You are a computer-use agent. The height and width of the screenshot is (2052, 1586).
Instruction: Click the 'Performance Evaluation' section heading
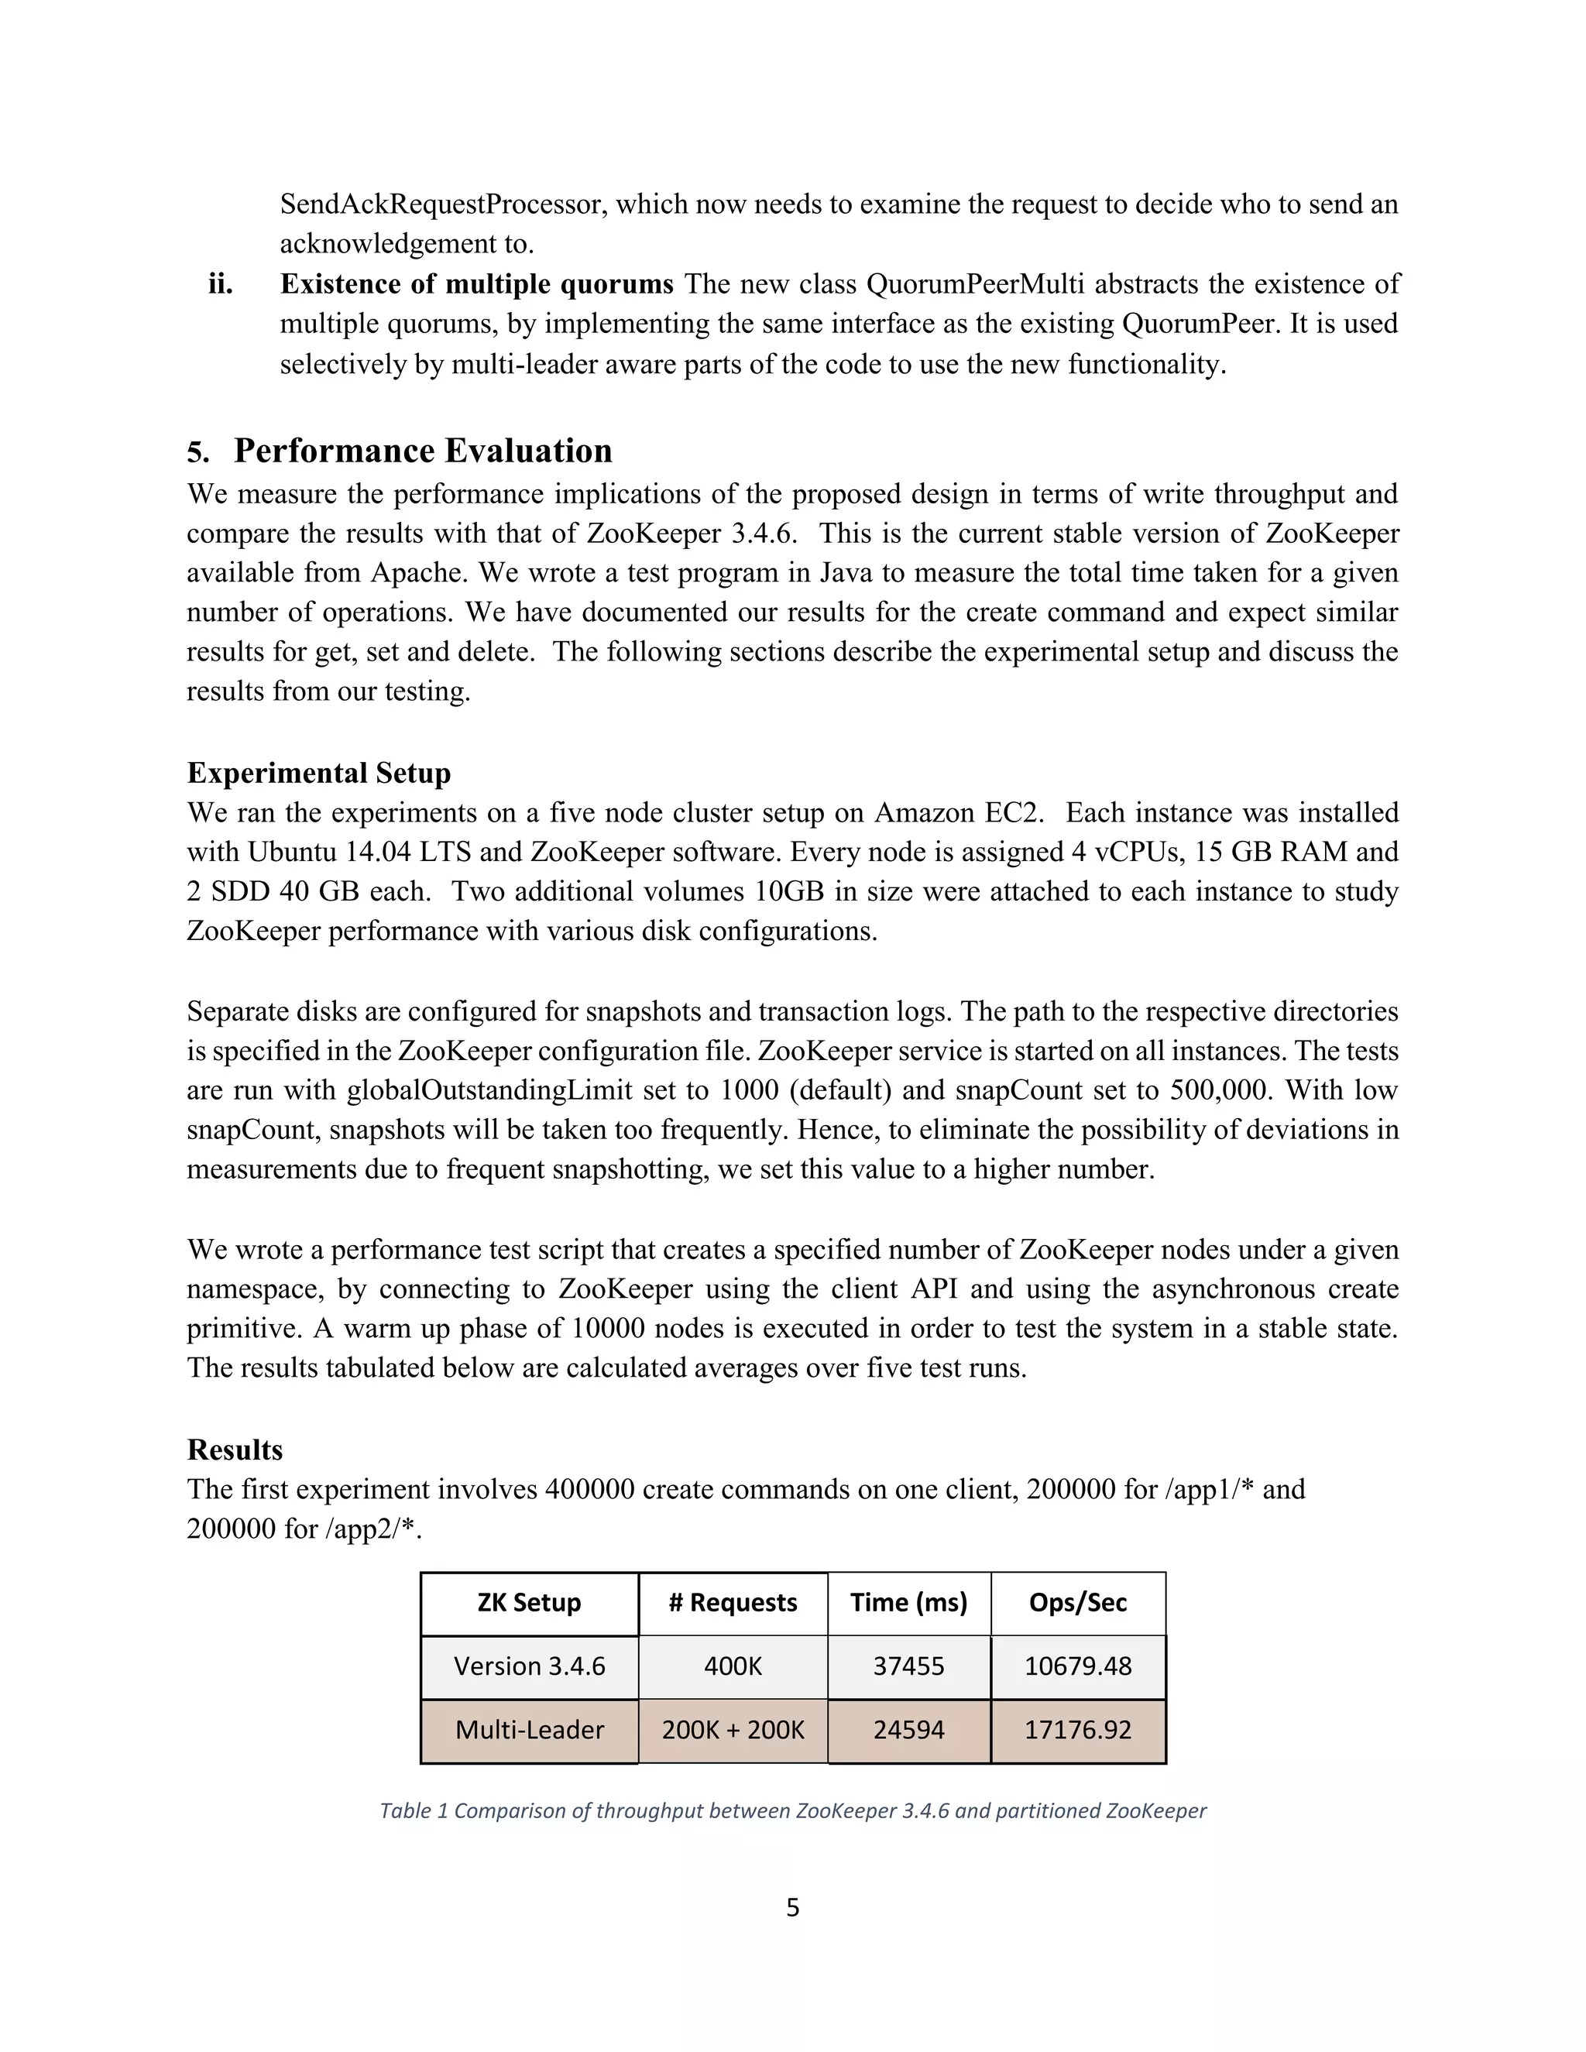422,451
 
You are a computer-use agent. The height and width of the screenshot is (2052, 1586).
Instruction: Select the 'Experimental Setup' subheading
318,772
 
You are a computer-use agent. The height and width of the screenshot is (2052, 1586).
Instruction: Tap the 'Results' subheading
235,1449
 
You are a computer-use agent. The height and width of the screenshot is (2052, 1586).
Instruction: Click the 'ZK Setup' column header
529,1602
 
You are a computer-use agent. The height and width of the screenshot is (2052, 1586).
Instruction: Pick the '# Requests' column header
733,1602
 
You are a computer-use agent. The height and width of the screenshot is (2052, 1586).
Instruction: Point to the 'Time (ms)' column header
908,1602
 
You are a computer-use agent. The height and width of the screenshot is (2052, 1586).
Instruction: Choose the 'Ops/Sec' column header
1078,1602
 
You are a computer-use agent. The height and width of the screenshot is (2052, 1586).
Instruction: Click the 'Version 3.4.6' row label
529,1666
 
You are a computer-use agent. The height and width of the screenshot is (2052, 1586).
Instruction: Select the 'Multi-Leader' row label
529,1730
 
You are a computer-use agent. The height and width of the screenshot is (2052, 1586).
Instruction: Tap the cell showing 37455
908,1666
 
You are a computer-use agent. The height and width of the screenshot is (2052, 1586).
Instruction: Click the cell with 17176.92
1078,1730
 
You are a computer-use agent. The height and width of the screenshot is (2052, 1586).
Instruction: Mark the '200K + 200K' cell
733,1730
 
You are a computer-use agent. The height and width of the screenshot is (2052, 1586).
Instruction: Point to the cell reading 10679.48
1078,1666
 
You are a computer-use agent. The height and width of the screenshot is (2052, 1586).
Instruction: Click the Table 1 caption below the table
792,1810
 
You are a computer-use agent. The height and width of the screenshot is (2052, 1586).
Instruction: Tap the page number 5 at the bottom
792,1907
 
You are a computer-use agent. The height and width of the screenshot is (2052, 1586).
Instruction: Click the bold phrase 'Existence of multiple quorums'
476,283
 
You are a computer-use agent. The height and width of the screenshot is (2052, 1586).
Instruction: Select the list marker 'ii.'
221,283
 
